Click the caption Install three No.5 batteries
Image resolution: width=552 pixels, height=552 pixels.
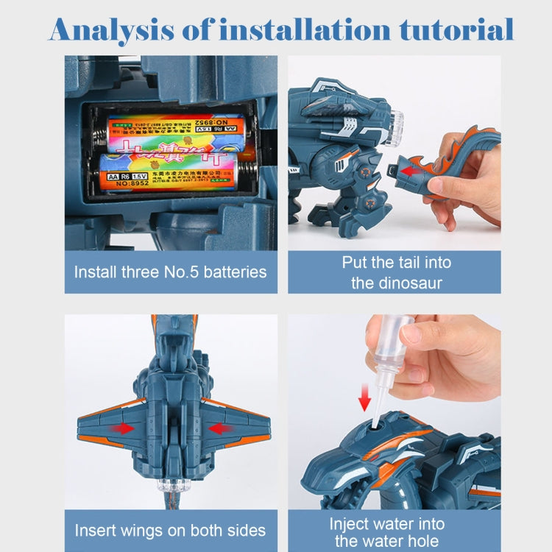(170, 272)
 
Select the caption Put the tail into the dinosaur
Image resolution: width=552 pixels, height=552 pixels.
(397, 272)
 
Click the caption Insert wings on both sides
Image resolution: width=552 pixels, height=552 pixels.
(170, 530)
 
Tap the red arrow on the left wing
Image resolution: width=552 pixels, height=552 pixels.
(122, 428)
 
